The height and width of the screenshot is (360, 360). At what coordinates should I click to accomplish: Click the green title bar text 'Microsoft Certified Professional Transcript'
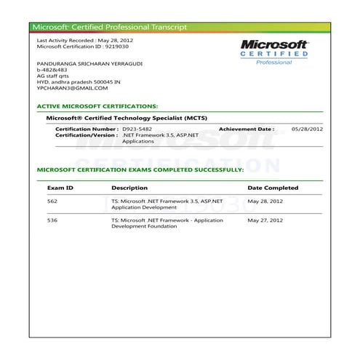[109, 27]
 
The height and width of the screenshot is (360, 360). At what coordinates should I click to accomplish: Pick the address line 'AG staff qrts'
[54, 76]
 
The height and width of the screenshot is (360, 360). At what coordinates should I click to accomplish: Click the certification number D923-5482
[137, 129]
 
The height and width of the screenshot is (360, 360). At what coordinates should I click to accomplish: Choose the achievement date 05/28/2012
[307, 129]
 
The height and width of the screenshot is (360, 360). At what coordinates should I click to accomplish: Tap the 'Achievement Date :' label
[247, 129]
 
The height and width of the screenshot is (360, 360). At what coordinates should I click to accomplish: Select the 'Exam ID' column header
[60, 188]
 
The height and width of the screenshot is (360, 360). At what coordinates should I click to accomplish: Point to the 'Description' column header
[129, 188]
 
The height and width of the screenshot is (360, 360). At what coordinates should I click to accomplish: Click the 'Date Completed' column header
[273, 188]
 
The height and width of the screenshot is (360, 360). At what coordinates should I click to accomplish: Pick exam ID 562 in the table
[52, 200]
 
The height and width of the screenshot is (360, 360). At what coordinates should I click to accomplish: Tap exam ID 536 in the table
[52, 219]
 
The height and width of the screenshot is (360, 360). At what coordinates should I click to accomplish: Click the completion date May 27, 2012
[265, 219]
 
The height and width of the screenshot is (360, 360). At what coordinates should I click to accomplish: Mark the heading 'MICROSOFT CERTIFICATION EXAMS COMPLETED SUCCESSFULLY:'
[140, 169]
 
